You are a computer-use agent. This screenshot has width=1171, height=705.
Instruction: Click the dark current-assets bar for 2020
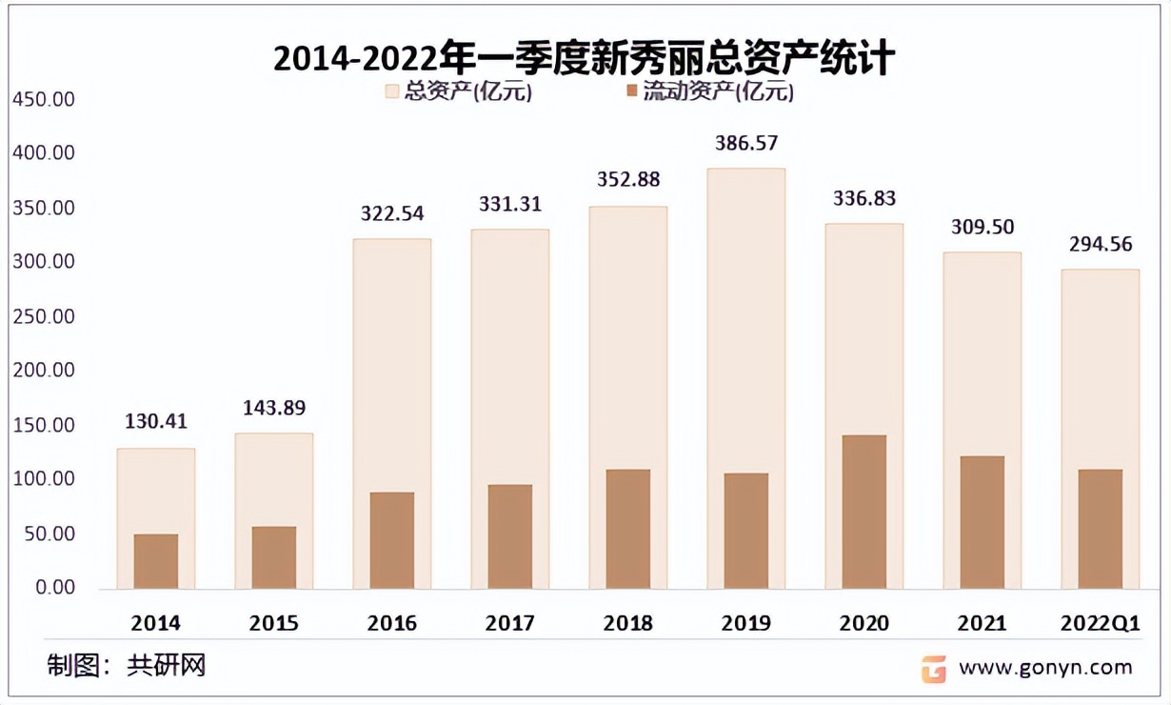tap(863, 512)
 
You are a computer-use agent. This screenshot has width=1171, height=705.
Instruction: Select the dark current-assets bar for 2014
tap(155, 561)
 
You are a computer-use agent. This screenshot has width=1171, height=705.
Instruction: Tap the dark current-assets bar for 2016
tap(391, 540)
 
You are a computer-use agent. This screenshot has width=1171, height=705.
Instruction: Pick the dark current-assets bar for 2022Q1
tap(1100, 529)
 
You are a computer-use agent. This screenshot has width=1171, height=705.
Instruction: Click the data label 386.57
tap(746, 144)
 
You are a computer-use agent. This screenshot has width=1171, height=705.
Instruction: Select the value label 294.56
tap(1100, 245)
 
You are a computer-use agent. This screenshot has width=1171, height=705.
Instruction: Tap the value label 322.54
tap(391, 213)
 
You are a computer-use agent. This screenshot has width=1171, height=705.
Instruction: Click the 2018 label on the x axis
tap(627, 624)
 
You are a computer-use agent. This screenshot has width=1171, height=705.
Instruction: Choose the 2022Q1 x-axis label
tap(1100, 624)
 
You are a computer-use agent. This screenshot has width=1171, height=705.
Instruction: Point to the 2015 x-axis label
tap(273, 624)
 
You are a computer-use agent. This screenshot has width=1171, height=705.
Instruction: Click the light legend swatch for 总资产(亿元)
tap(392, 91)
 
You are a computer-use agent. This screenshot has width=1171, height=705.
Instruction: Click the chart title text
tap(584, 59)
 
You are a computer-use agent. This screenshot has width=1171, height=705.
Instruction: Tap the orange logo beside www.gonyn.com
tap(933, 668)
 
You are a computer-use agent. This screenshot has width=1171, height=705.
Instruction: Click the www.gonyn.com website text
tap(1044, 667)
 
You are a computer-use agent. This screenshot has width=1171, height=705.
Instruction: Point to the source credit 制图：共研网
tap(127, 665)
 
